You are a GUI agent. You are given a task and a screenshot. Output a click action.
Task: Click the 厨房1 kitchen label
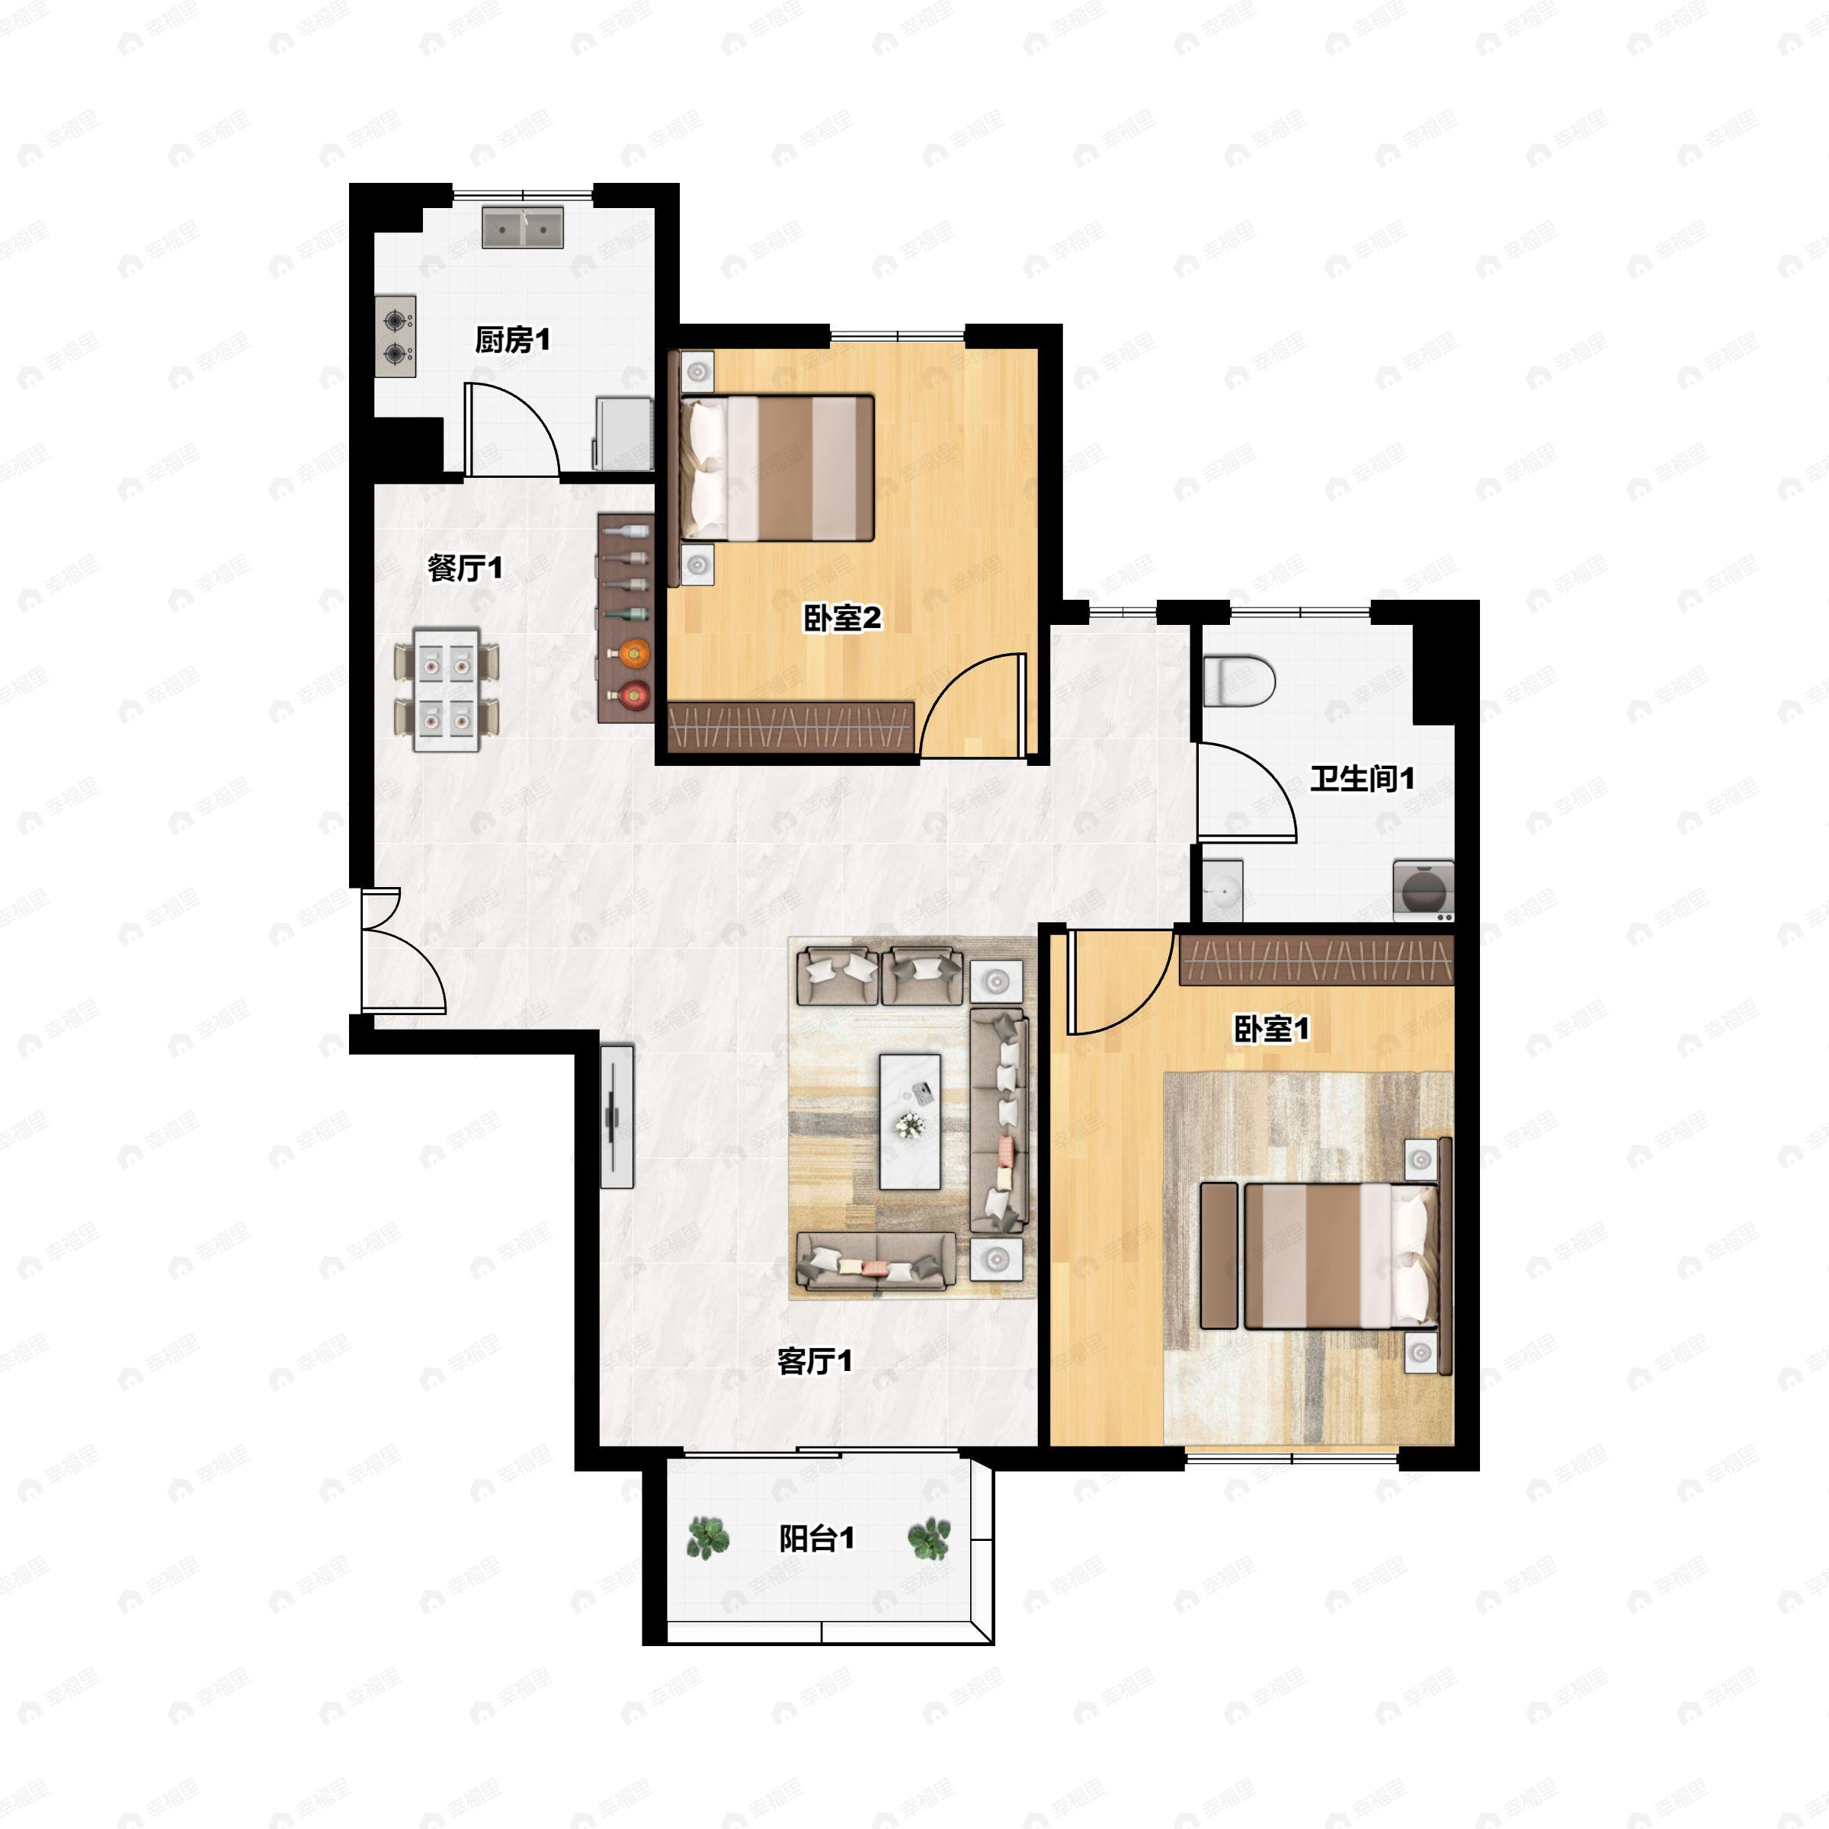(x=512, y=340)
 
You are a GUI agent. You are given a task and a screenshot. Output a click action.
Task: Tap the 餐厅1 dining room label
(x=465, y=568)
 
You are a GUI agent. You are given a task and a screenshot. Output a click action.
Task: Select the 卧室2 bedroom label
(x=843, y=618)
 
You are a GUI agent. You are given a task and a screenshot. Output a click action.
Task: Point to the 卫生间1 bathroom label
(x=1363, y=779)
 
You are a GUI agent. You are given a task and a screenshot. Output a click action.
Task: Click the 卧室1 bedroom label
(x=1271, y=1029)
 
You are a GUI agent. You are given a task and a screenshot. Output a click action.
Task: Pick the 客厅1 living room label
(x=814, y=1361)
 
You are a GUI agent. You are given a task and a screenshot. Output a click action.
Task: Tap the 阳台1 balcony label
(x=816, y=1539)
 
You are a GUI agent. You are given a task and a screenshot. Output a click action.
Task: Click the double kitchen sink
(x=523, y=227)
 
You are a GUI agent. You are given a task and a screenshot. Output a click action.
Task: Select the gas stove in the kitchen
(x=396, y=338)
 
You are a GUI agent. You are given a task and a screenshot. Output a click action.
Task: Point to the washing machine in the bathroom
(x=1423, y=891)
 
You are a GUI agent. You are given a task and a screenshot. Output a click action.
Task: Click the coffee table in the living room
(x=910, y=1122)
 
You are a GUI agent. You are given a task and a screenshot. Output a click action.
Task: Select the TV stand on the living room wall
(x=617, y=1117)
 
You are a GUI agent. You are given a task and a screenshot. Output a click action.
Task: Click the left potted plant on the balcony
(x=708, y=1539)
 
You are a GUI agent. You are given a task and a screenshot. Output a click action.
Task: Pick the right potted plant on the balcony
(x=929, y=1539)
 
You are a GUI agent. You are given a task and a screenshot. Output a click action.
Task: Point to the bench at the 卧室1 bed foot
(x=1219, y=1254)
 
